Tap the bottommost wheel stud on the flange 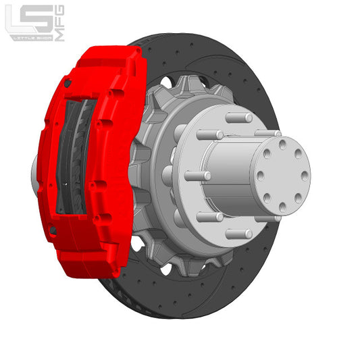[x=238, y=234]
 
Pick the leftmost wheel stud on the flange [x=197, y=176]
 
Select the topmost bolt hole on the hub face [x=281, y=144]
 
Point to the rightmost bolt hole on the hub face [x=304, y=176]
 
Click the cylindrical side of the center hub [x=230, y=176]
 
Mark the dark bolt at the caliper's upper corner [x=68, y=84]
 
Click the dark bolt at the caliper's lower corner [x=53, y=232]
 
